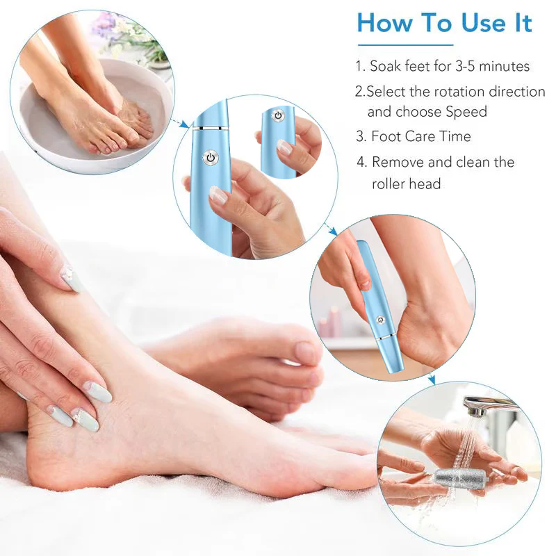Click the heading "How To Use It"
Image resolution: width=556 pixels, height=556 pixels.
coord(444,23)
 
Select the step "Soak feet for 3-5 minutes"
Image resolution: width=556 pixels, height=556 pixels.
coord(442,67)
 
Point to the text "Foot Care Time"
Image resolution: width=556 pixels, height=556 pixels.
coord(420,136)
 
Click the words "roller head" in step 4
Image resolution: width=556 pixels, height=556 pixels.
coord(406,184)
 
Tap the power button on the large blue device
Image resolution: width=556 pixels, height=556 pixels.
coord(210,158)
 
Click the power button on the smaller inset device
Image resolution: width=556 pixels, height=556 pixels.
coord(278,115)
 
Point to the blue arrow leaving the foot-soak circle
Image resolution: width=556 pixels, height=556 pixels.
coord(181,123)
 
